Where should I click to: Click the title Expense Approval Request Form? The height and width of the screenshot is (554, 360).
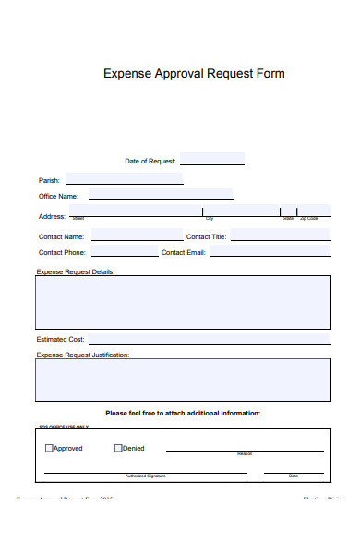coord(194,74)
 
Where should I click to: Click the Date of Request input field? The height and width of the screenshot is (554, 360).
coord(212,159)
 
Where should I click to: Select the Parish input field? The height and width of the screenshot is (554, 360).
coord(125,178)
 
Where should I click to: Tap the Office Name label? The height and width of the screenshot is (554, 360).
coord(58,196)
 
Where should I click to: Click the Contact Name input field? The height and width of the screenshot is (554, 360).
coord(137,235)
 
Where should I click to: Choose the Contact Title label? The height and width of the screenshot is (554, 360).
coord(206,237)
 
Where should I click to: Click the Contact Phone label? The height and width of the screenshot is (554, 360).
coord(62,252)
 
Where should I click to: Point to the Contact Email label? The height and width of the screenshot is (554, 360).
coord(184,252)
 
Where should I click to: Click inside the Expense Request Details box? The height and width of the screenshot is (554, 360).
coord(183,301)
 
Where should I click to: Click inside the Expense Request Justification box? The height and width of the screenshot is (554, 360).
coord(183,379)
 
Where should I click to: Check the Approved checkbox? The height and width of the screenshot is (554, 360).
coord(49,449)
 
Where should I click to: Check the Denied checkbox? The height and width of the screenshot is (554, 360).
coord(118,449)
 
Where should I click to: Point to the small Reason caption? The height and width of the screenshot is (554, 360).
coord(245,454)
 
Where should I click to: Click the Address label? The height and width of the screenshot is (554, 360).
coord(52,216)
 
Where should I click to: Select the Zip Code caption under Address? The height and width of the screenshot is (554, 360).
coord(312,219)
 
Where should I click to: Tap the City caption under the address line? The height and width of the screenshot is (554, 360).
coord(210,219)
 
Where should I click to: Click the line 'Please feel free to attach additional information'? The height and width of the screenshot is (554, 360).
coord(183,413)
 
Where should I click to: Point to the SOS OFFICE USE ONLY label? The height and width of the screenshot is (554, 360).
coord(63,427)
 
